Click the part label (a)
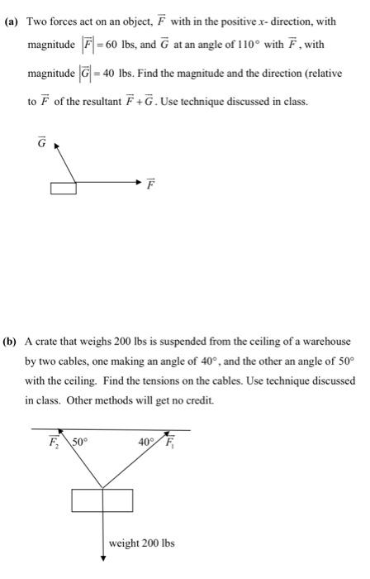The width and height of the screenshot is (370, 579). (15, 20)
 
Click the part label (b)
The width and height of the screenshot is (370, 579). (15, 341)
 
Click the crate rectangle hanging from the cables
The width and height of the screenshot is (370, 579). (102, 501)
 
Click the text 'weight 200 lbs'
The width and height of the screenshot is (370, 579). (141, 543)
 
